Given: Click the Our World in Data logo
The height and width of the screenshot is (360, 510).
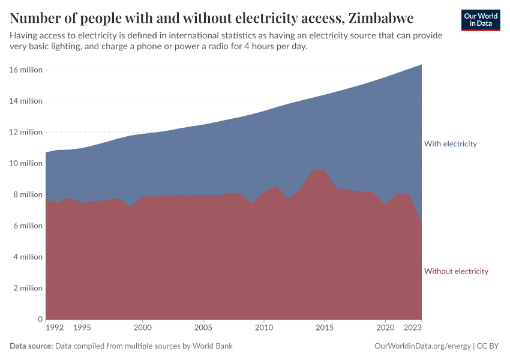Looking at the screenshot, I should (480, 20).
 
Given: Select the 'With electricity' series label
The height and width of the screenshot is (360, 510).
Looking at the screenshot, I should (450, 144).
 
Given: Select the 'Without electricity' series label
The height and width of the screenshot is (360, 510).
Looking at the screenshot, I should (456, 271).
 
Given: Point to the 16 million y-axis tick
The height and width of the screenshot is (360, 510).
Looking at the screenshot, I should (26, 70).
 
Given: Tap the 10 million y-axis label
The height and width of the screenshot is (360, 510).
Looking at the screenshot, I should (26, 163).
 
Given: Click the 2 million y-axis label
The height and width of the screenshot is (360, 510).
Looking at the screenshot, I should (28, 288).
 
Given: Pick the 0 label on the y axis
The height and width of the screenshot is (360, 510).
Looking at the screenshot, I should (40, 319).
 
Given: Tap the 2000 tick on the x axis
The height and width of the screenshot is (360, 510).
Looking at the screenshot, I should (142, 329).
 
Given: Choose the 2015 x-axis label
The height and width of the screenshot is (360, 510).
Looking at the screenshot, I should (324, 329).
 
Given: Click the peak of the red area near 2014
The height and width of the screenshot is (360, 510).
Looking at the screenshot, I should (313, 169).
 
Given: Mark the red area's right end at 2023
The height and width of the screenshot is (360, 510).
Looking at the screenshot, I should (421, 223).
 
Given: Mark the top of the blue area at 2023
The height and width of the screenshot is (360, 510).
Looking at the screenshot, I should (421, 65).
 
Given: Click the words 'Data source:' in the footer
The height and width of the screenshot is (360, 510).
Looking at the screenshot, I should (31, 346).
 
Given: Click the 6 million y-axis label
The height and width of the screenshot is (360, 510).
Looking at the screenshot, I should (28, 226).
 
